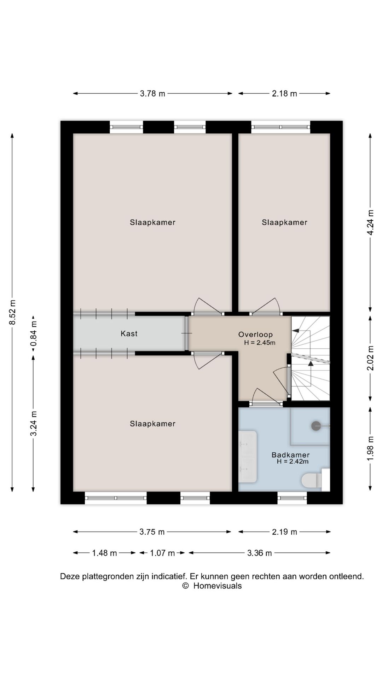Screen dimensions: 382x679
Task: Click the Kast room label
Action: tap(129, 333)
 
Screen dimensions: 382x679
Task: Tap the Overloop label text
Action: tap(255, 335)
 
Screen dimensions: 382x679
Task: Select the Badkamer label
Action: tap(290, 455)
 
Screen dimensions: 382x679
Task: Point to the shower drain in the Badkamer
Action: tap(316, 426)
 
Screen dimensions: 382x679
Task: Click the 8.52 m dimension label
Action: tap(13, 312)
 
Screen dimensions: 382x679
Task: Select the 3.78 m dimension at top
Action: tap(152, 94)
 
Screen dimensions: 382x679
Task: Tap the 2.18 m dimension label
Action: tap(284, 94)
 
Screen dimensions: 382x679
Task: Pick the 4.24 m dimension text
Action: tap(370, 222)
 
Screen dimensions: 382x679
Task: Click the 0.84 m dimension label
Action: tap(34, 334)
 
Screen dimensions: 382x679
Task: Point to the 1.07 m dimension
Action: tap(162, 553)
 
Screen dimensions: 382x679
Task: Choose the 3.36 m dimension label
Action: tap(260, 553)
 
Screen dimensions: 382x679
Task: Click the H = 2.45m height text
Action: tap(260, 342)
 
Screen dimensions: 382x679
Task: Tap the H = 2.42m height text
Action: tap(293, 462)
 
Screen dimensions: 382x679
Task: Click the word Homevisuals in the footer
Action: tap(218, 586)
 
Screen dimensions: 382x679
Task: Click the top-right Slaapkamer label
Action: tap(284, 222)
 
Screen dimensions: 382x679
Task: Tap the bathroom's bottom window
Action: tap(292, 498)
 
